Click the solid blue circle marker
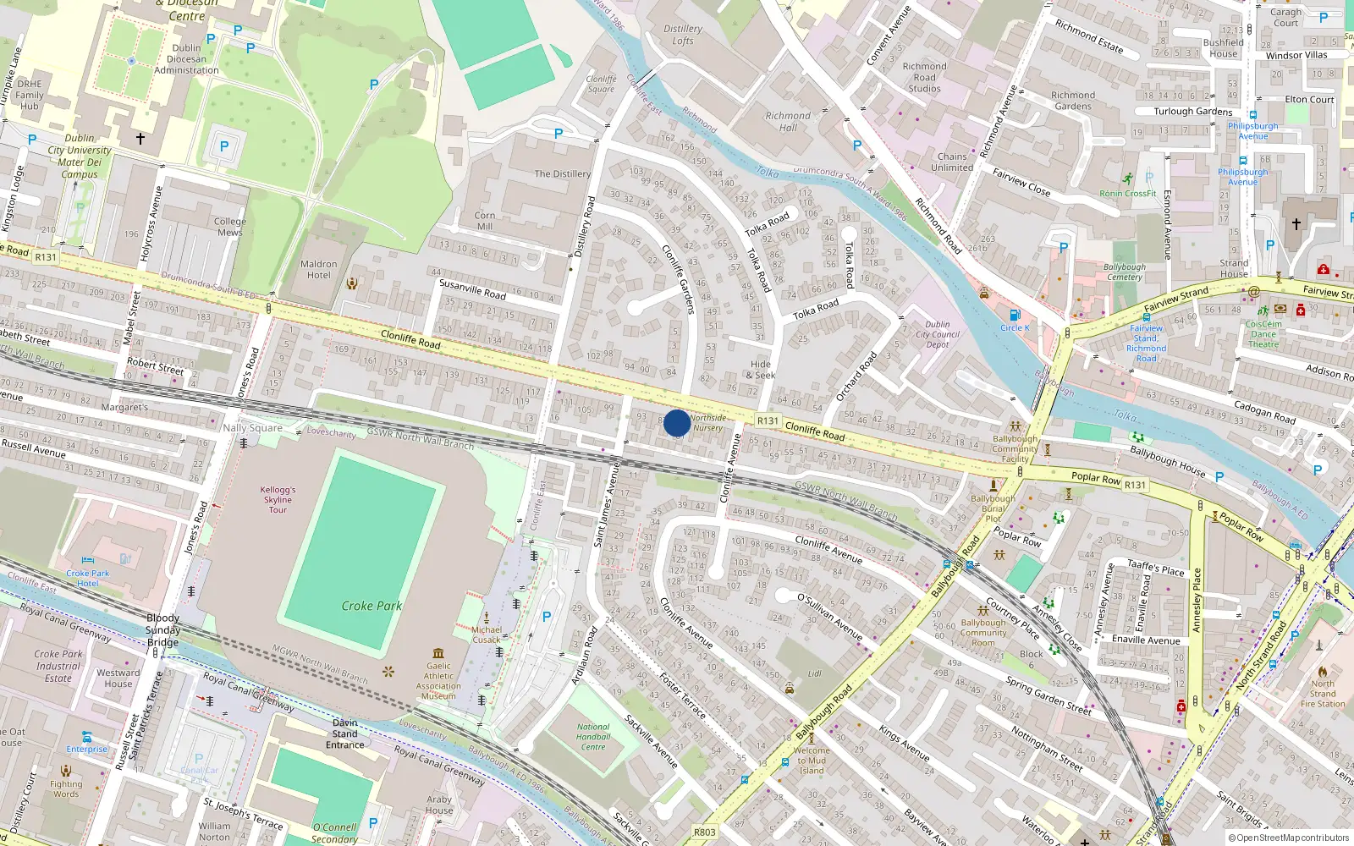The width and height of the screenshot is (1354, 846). coord(677,423)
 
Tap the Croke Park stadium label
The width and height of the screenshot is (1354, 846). coord(372,606)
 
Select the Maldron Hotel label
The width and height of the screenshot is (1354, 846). coord(318,270)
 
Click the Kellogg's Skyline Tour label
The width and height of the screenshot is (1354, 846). coord(278,500)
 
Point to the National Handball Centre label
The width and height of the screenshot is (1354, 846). coord(593,737)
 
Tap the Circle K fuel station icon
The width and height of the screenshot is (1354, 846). coord(1015,316)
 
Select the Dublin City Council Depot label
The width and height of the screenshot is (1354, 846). coord(938,334)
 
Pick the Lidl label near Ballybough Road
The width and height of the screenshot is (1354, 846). coord(815,674)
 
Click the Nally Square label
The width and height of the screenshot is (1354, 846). coord(252,428)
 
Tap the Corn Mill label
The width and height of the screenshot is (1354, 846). coord(485,221)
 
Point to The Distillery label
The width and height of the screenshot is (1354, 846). coord(562,174)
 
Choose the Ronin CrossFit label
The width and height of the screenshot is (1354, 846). coord(1127,194)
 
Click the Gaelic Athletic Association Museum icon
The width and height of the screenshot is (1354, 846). coord(438,653)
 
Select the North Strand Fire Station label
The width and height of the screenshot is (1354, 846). coord(1323,694)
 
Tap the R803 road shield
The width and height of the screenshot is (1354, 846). coord(705,832)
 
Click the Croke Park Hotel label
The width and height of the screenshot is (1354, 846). coord(88,578)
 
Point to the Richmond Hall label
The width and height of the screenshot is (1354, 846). coord(788,122)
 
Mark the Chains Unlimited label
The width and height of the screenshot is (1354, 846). coord(952,162)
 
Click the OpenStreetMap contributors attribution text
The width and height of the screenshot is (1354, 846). coord(1289,838)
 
